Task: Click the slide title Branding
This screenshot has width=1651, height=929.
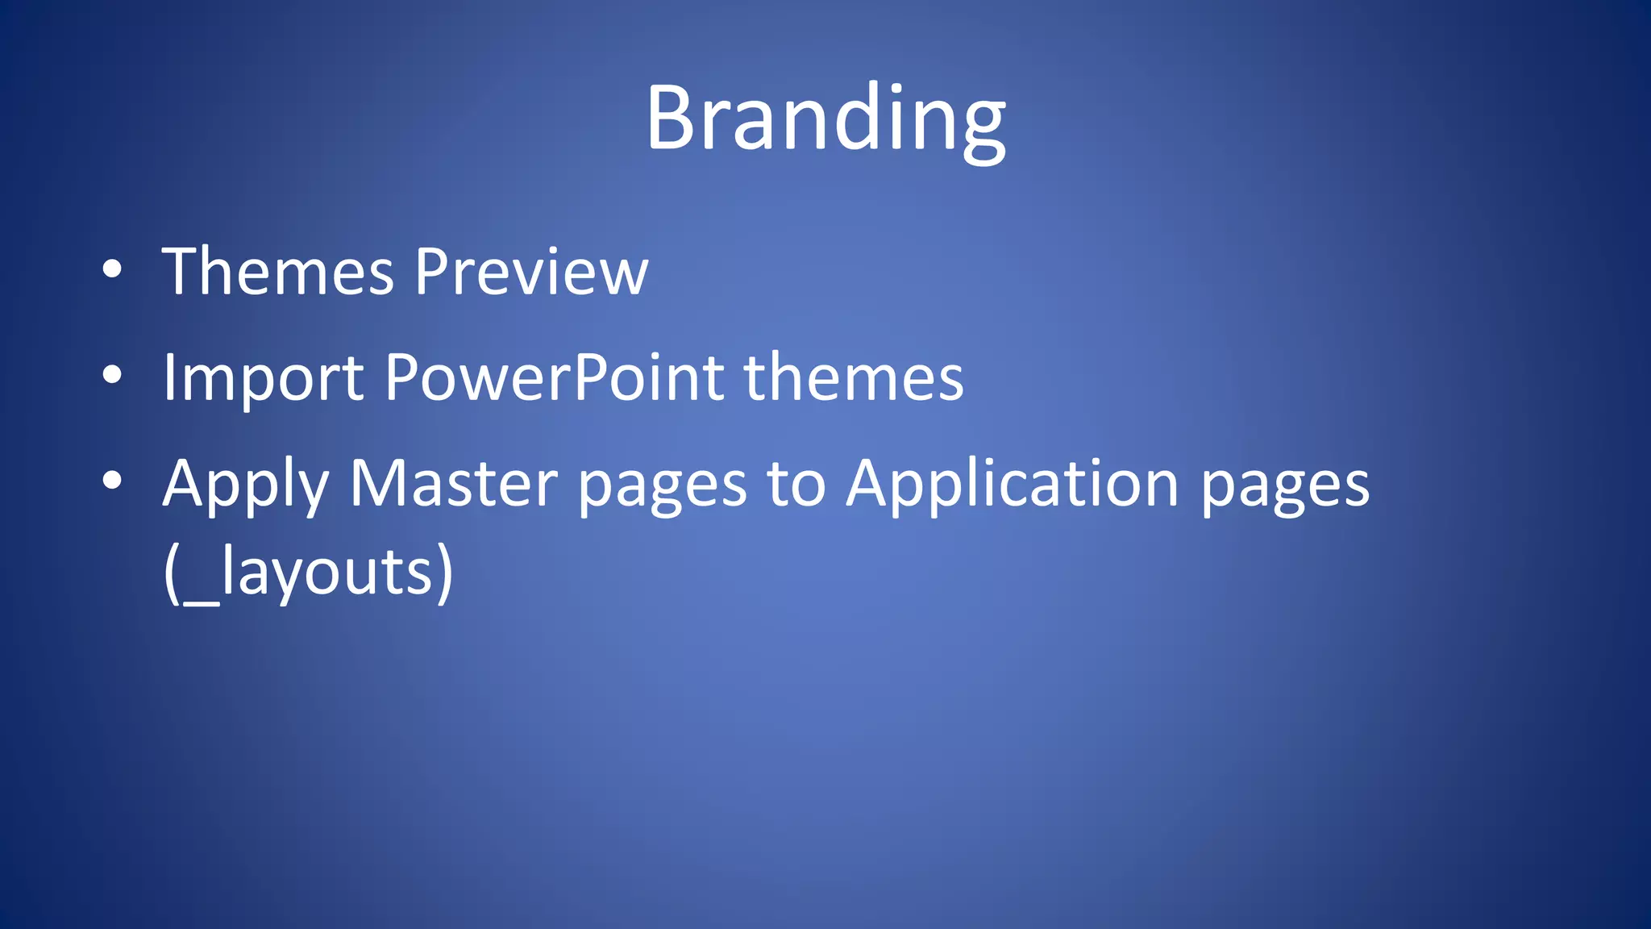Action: [825, 119]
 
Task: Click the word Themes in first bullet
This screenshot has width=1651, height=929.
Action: [278, 272]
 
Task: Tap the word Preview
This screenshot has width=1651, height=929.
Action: [531, 272]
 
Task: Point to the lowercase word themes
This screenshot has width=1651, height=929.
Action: [854, 377]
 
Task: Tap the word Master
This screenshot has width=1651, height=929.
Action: [453, 484]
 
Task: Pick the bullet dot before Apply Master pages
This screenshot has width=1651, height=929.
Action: [112, 481]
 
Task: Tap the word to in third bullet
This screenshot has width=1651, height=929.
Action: [796, 484]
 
